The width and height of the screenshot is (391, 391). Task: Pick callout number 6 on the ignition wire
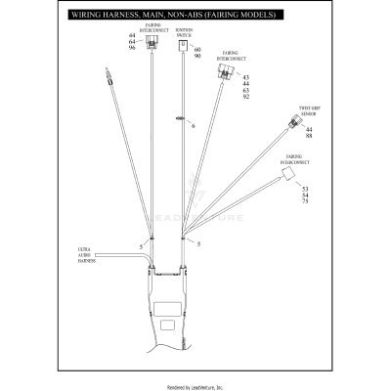(x=194, y=126)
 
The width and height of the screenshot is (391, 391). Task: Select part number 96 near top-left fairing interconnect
(x=132, y=48)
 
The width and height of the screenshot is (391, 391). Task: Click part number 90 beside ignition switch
(x=198, y=56)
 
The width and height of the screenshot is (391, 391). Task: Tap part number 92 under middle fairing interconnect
(x=245, y=96)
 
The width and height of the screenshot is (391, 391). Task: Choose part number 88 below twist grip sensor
(x=309, y=136)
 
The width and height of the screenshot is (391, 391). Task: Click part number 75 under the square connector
(x=305, y=199)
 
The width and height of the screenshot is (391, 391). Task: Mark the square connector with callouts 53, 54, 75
(x=287, y=172)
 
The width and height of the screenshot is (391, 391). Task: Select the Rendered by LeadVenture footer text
(x=195, y=385)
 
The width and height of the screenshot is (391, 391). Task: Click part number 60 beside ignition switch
(x=198, y=49)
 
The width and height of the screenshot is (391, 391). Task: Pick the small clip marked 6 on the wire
(x=180, y=118)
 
